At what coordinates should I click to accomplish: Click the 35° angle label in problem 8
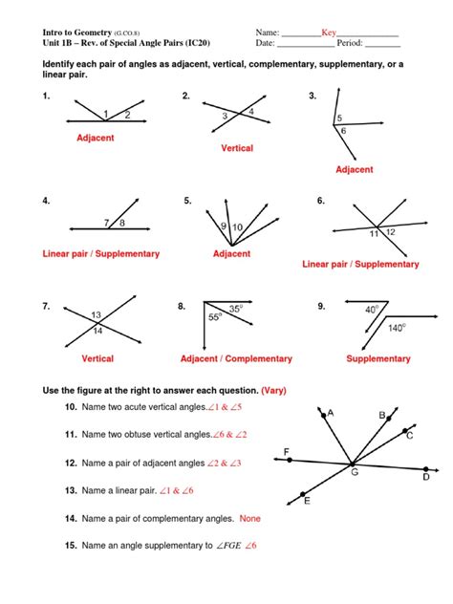click(x=235, y=309)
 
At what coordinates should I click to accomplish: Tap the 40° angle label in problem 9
click(x=370, y=310)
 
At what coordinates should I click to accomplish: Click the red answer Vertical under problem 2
click(x=236, y=148)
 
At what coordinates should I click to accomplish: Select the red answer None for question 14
click(x=250, y=518)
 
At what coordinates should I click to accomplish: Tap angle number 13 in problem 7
click(x=97, y=315)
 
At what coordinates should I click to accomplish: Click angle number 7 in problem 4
click(x=107, y=223)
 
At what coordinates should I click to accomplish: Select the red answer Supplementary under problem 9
click(x=379, y=358)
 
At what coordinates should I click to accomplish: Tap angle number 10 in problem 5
click(x=237, y=226)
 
